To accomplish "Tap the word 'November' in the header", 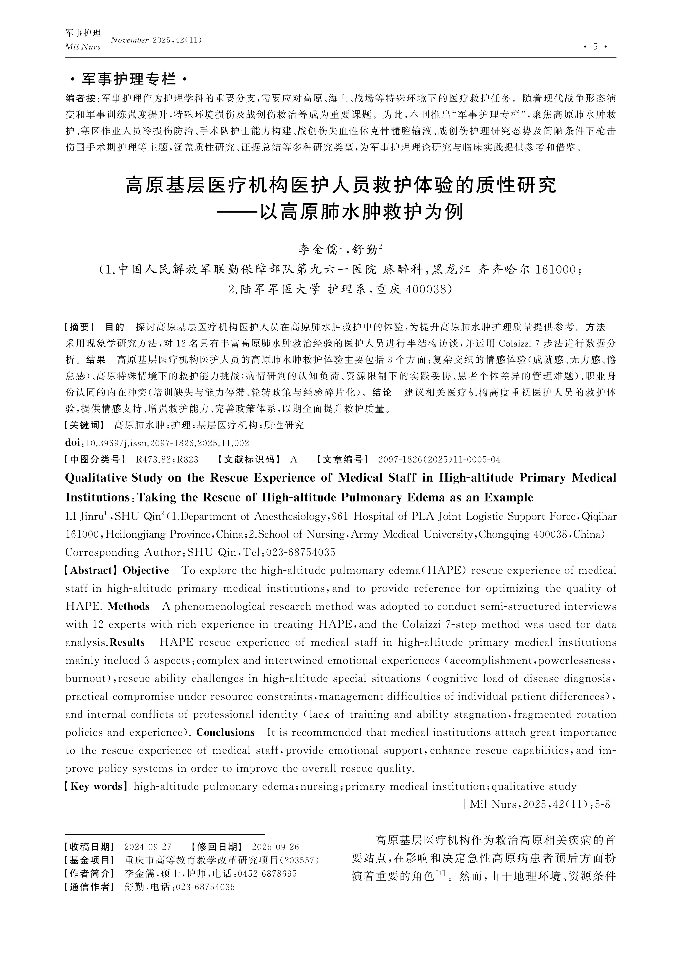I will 130,40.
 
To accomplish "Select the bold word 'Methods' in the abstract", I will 128,606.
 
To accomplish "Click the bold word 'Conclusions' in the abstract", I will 225,732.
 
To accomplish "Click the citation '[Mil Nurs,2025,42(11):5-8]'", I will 540,804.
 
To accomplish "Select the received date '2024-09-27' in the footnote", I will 148,847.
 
